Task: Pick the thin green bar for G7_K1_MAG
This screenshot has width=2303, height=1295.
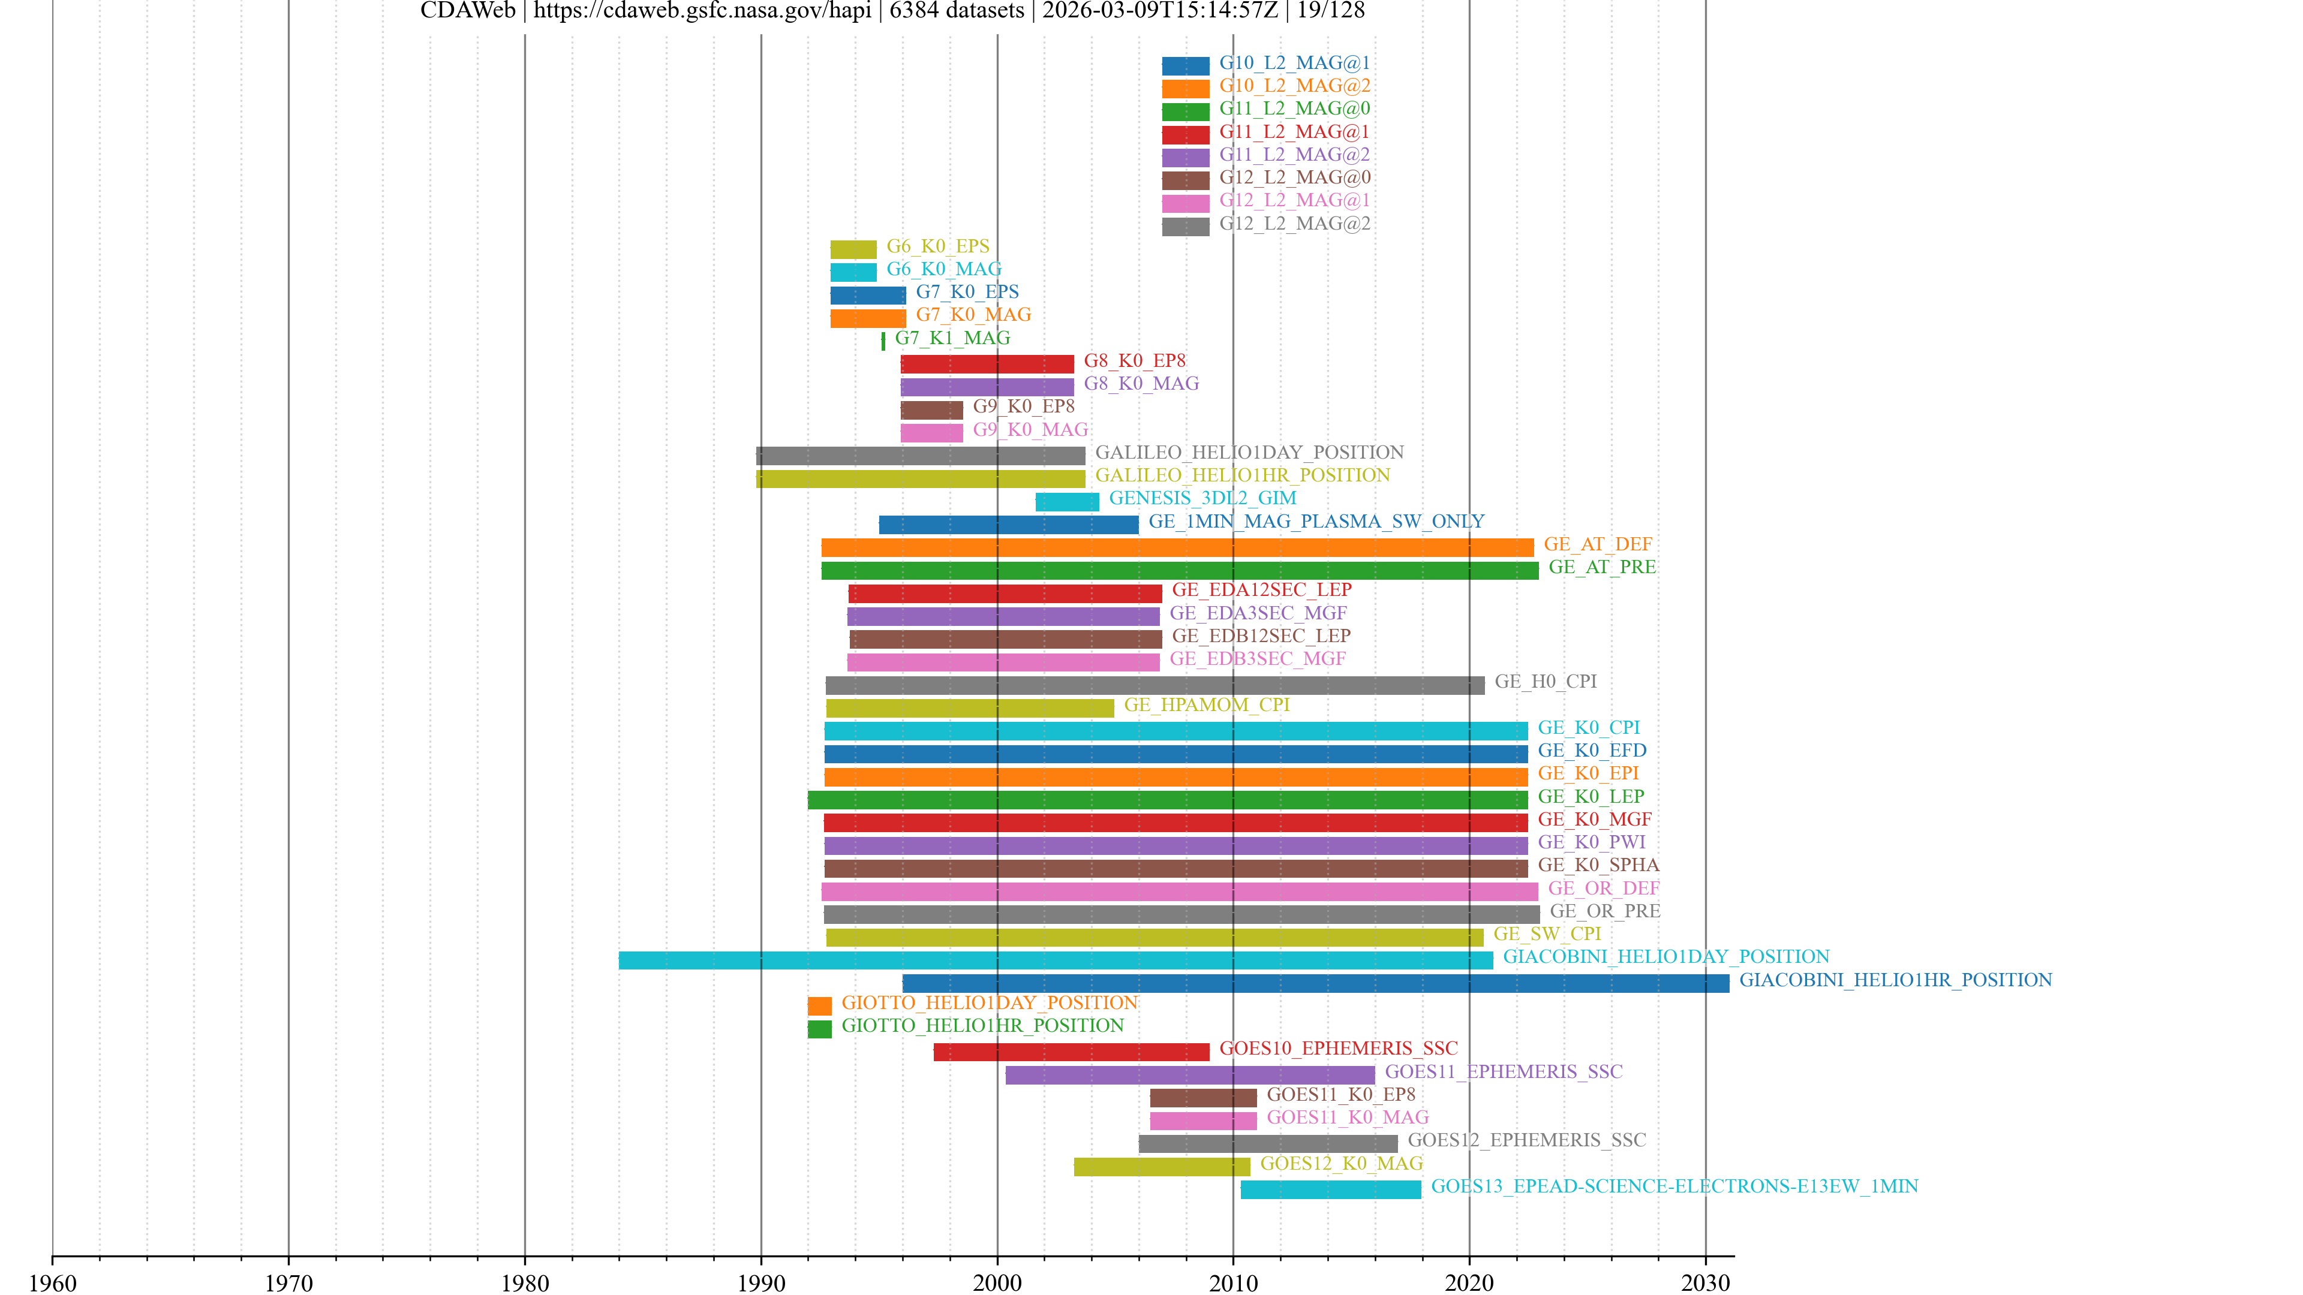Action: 883,341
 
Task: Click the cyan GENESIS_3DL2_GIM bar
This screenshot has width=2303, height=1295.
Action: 1066,501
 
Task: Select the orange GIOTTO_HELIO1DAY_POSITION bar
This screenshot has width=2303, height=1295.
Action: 819,1005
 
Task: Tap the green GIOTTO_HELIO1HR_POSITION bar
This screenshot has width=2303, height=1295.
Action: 819,1029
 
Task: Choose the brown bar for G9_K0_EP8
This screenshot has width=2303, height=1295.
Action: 931,409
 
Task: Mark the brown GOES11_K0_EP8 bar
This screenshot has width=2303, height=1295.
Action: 1202,1098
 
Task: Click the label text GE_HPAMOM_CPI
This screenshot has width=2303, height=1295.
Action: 1206,704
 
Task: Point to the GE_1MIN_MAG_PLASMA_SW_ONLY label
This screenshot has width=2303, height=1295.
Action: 1316,521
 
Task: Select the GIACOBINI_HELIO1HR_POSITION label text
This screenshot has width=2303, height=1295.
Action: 1895,980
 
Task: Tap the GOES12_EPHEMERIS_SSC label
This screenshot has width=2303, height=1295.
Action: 1526,1140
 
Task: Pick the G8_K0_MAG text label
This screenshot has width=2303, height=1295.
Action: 1141,384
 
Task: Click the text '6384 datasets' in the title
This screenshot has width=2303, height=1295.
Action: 956,11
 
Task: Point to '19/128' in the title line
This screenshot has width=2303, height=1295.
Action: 1330,11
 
